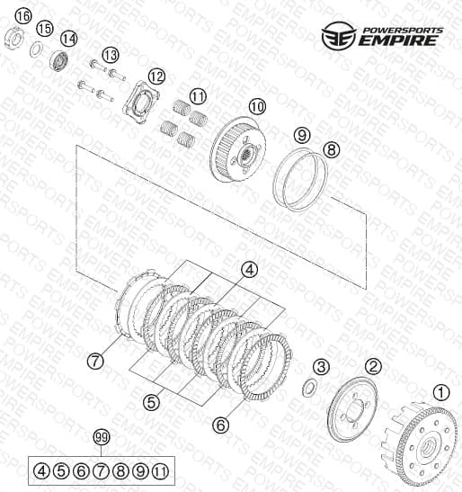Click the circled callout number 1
[x=441, y=392]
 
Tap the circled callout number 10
[x=257, y=107]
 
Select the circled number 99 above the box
[x=102, y=437]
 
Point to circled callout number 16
[x=24, y=16]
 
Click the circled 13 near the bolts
[x=111, y=55]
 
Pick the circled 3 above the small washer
[x=321, y=366]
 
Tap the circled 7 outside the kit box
[x=95, y=361]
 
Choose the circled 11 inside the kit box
[x=161, y=471]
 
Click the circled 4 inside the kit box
[x=41, y=471]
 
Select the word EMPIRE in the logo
[x=398, y=40]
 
